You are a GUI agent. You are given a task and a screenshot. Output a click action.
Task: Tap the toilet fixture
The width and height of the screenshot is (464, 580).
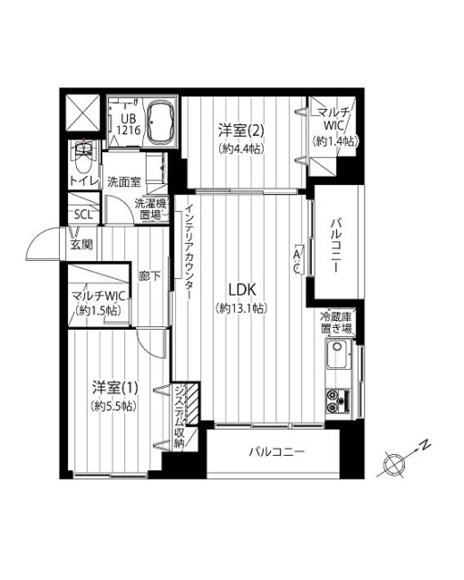(84, 159)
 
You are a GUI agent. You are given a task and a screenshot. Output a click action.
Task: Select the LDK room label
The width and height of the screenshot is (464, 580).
(242, 290)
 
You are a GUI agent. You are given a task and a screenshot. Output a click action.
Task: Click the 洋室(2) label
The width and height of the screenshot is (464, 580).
(241, 130)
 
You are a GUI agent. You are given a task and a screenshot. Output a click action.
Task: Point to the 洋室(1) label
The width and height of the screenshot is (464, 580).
(115, 388)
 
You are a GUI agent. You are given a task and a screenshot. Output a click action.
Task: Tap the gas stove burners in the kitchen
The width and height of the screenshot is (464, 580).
(338, 401)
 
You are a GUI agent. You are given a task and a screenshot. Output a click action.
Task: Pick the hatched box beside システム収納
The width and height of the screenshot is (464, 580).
(192, 404)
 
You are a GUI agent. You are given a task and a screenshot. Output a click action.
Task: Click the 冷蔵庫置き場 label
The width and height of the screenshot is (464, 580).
(336, 323)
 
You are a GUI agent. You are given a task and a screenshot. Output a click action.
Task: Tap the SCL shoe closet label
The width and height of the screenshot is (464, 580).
(82, 215)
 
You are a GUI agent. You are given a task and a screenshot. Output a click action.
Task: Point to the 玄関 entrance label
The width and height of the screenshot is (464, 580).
(82, 245)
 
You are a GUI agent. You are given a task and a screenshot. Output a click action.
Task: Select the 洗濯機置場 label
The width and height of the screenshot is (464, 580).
(151, 209)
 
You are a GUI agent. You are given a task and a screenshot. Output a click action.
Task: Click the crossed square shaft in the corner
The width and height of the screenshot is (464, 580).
(82, 112)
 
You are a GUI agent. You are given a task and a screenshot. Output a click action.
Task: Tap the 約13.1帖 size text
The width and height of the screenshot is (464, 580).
(241, 308)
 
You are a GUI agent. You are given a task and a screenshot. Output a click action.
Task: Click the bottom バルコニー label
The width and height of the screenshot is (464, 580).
(277, 451)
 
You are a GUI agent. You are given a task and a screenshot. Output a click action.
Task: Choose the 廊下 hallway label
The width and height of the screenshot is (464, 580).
(150, 275)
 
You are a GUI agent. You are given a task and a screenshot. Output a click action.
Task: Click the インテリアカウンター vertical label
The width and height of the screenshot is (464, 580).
(189, 253)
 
